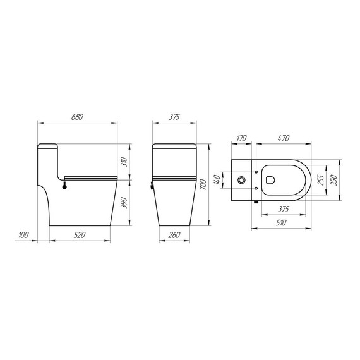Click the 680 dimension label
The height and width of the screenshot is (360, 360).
pyautogui.click(x=78, y=117)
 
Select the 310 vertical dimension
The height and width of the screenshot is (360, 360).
pyautogui.click(x=124, y=162)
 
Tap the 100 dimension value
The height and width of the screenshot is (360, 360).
pyautogui.click(x=24, y=235)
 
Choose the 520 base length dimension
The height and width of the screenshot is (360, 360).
pyautogui.click(x=80, y=235)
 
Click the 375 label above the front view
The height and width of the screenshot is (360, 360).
pyautogui.click(x=175, y=117)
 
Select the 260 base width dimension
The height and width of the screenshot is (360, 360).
pyautogui.click(x=175, y=235)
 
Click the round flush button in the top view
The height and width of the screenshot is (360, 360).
pyautogui.click(x=241, y=180)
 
